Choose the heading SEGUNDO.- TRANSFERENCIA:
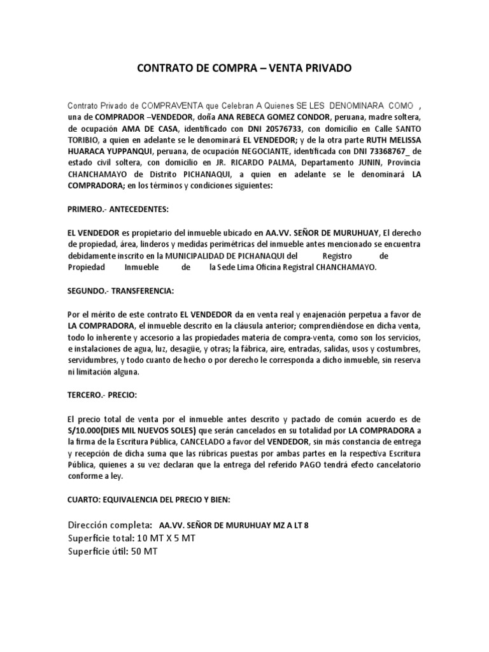point(120,291)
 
